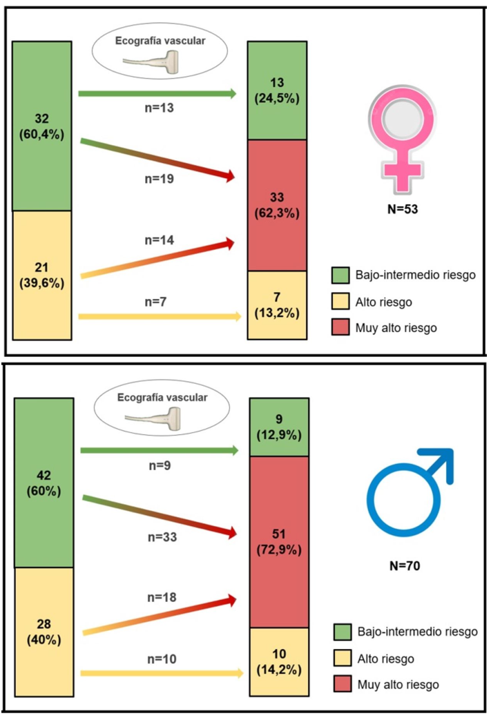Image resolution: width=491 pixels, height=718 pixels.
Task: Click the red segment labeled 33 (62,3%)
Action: pos(277,205)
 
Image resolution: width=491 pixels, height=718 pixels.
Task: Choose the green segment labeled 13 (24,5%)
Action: pos(277,90)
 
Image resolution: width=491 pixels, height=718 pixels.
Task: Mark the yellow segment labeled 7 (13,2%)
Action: pos(277,304)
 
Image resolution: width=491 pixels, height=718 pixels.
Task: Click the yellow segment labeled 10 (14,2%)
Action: pos(280,661)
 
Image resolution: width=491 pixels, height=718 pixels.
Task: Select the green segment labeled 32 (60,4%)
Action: pos(42,126)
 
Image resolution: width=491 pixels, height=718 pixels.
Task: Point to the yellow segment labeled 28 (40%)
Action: pos(44,632)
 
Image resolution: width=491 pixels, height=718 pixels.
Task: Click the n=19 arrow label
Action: pos(159,179)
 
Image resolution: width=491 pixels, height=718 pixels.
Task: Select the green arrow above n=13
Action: pos(158,93)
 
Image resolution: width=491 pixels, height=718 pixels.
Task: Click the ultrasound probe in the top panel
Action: pos(151,62)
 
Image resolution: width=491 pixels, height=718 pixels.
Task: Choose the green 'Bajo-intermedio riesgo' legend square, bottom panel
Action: pos(344,632)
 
